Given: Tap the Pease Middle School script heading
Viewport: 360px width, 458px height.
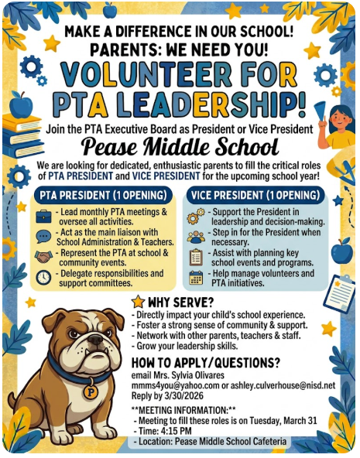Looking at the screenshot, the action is pyautogui.click(x=180, y=146).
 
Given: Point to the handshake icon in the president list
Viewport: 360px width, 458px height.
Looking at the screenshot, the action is pyautogui.click(x=43, y=257).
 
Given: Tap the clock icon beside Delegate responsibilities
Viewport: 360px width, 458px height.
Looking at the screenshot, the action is pyautogui.click(x=43, y=276).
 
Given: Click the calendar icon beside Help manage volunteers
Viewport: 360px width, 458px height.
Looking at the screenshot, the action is pyautogui.click(x=196, y=277).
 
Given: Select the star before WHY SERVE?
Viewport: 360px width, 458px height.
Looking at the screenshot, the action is pyautogui.click(x=138, y=301).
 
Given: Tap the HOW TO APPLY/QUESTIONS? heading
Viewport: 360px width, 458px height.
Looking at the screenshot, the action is pyautogui.click(x=205, y=361).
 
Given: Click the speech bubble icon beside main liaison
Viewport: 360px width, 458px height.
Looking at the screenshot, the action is pyautogui.click(x=43, y=237).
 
